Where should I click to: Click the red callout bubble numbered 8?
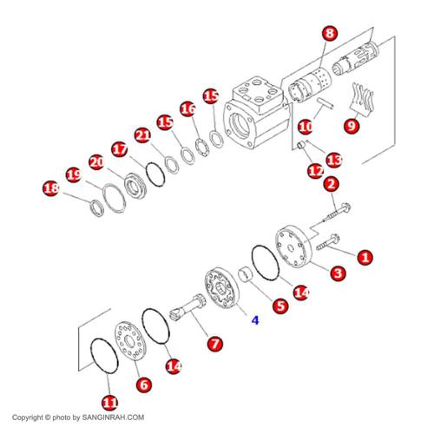tap(330, 34)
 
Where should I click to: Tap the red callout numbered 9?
tap(352, 126)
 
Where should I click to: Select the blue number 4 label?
tap(255, 320)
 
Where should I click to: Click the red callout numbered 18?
tap(50, 188)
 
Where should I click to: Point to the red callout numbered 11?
tap(110, 403)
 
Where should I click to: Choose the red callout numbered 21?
tap(143, 135)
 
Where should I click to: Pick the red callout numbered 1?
tap(365, 257)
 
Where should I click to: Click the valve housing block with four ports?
tap(256, 113)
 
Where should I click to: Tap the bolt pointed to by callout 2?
tap(337, 214)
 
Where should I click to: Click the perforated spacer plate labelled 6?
tap(130, 340)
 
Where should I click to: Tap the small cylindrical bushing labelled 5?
tap(246, 275)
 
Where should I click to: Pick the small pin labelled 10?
tap(325, 103)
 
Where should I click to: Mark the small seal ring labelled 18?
tap(96, 207)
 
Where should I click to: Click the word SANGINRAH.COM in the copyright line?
tap(113, 418)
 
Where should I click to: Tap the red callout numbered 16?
tap(188, 109)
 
